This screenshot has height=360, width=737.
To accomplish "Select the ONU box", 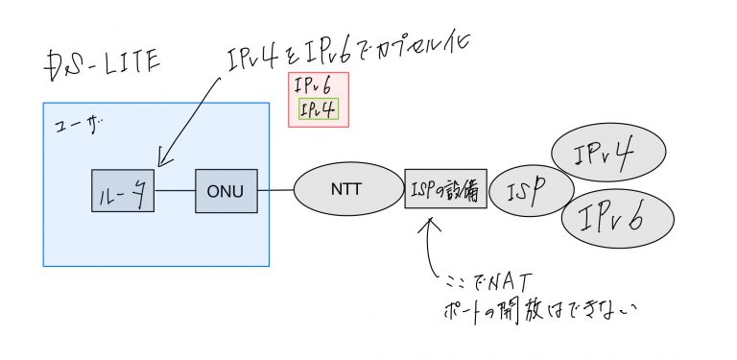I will tap(226, 191).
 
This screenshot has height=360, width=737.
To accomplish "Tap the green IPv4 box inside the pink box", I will tap(318, 110).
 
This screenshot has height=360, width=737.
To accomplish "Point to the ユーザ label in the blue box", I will tap(68, 127).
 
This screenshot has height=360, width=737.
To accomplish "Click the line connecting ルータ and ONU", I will tap(175, 191).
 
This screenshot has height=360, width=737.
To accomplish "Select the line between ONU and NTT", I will tap(275, 190).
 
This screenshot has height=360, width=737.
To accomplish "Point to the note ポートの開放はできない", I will tap(538, 310).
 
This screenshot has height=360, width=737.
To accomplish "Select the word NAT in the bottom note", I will tap(499, 281).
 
